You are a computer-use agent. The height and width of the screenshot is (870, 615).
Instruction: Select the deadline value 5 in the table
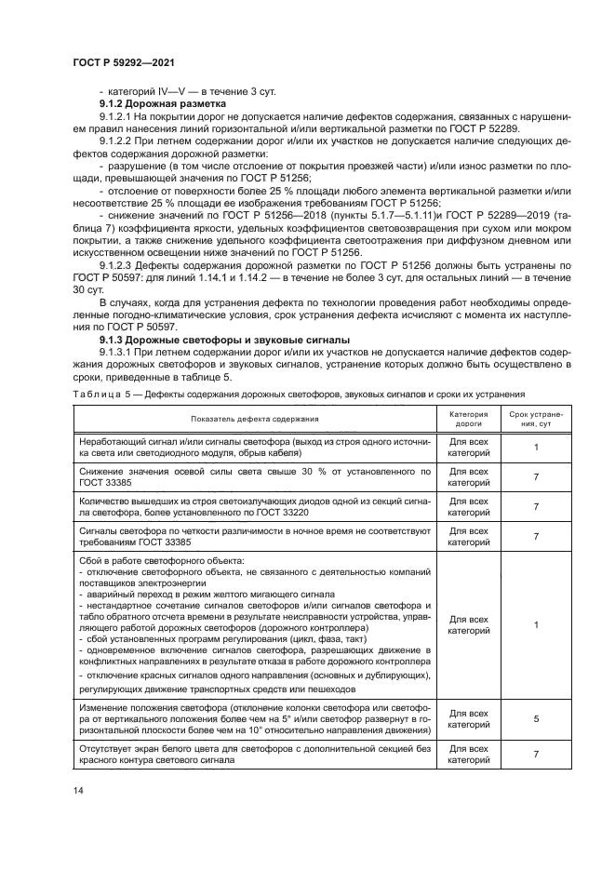(536, 718)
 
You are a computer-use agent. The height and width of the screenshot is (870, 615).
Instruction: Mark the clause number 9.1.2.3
(118, 264)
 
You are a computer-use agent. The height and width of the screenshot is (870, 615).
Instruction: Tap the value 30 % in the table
(317, 472)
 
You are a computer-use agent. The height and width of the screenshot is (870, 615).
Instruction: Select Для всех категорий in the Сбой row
(468, 624)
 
